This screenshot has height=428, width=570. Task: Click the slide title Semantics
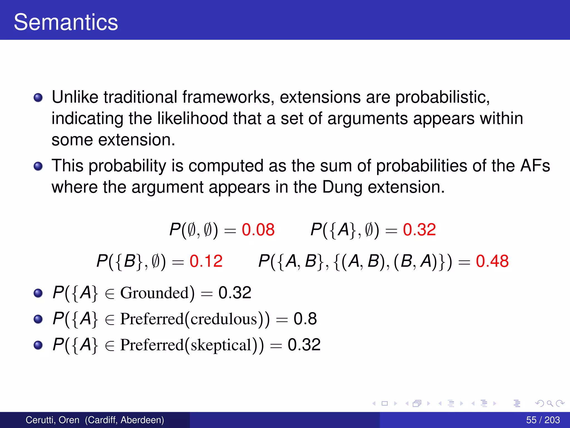coord(66,22)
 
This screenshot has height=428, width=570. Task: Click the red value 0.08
coord(258,230)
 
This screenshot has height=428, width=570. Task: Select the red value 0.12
coord(206,261)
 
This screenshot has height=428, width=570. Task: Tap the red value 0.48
coord(492,261)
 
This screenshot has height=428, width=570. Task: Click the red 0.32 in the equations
coord(419,230)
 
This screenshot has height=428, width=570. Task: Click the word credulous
coord(224,319)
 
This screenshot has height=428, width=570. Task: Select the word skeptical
coord(221,345)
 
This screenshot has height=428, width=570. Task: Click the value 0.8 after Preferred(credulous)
coord(305,319)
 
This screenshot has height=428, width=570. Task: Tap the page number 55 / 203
coord(543,420)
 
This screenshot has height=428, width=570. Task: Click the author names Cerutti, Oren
coord(52,420)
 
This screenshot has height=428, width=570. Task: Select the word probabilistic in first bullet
coord(443,97)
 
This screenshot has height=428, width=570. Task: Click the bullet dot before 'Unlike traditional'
coord(38,98)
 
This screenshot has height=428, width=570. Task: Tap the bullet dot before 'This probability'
coord(38,166)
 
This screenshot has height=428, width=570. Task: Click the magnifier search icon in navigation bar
coord(550,403)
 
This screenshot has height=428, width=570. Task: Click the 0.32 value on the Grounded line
coord(235,293)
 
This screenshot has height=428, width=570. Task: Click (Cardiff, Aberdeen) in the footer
coord(124,420)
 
